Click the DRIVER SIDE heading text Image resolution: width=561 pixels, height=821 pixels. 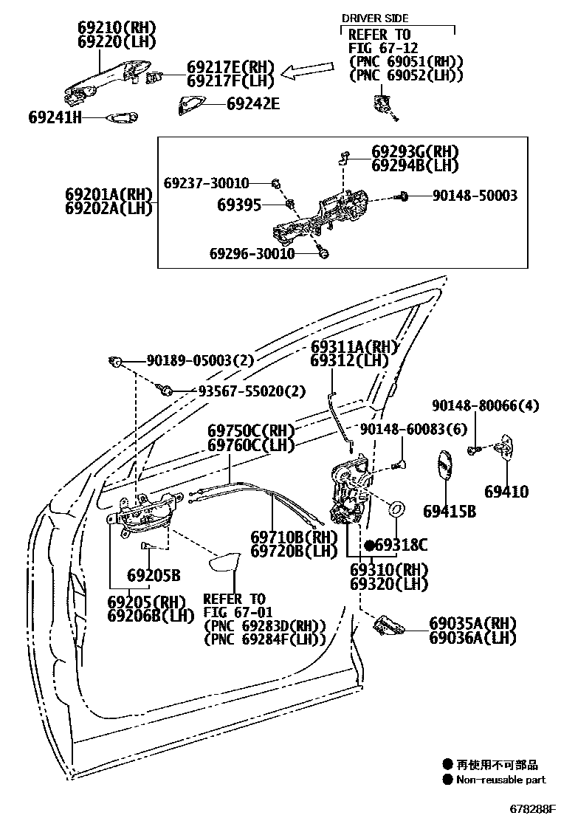(374, 18)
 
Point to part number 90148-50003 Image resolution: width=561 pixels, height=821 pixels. (474, 196)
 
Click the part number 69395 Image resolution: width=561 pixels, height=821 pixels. (239, 204)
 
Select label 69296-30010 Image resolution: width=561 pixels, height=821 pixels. (252, 254)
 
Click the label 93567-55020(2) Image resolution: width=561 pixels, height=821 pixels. (251, 391)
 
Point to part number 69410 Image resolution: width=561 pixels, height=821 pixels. (506, 491)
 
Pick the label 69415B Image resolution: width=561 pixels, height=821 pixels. (449, 511)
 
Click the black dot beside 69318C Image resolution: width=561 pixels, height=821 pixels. (369, 545)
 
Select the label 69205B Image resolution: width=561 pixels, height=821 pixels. (154, 574)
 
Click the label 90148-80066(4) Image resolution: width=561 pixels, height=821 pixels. (486, 405)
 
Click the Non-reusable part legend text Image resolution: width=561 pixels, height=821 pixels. (500, 780)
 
